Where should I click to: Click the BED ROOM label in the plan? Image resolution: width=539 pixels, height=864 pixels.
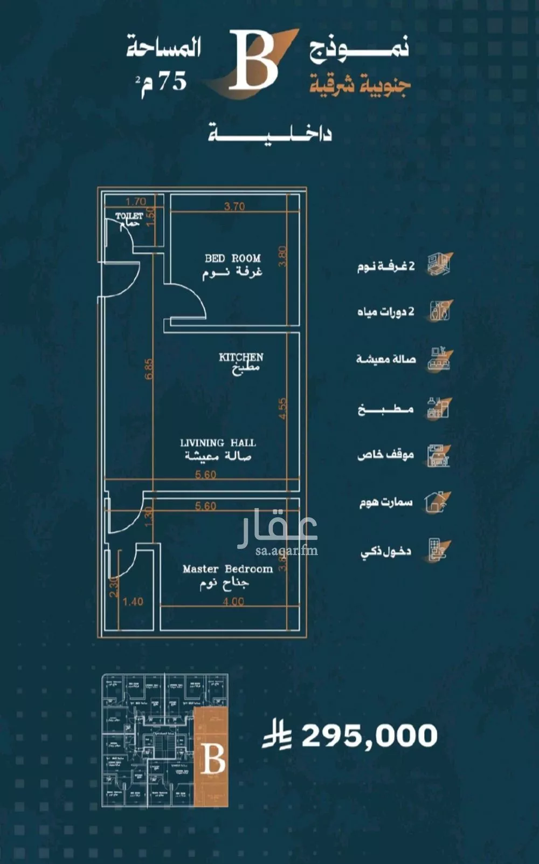(x=232, y=258)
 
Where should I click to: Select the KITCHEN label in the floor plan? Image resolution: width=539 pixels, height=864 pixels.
(x=241, y=357)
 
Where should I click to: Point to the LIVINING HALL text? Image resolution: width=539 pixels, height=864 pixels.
(x=218, y=443)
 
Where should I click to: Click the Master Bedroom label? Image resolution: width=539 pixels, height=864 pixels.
(x=227, y=569)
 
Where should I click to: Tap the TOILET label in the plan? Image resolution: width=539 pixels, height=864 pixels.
(x=129, y=216)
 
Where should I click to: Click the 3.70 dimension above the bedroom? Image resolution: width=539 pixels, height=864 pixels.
(x=234, y=206)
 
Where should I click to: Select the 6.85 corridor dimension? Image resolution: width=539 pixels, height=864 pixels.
(x=149, y=369)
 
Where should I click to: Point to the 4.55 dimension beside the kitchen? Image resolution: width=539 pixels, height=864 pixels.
(x=284, y=409)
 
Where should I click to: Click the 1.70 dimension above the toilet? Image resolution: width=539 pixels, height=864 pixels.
(x=136, y=202)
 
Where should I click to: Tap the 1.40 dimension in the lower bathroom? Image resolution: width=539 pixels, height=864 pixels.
(x=133, y=602)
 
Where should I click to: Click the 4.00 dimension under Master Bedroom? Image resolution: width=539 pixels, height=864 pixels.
(x=233, y=602)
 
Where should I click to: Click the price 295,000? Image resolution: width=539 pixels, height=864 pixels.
(x=369, y=736)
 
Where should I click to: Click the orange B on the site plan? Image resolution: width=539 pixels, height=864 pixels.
(x=213, y=759)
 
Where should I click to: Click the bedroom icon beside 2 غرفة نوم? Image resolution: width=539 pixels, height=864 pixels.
(x=439, y=265)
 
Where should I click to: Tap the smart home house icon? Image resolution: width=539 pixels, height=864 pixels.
(x=437, y=502)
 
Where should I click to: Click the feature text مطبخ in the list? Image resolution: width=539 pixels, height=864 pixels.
(x=385, y=409)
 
